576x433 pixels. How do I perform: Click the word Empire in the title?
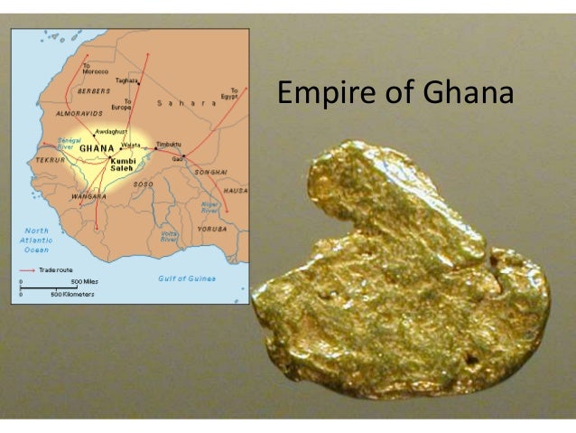pos(328,94)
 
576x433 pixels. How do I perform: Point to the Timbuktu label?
pos(169,144)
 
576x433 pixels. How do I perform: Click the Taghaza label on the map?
pos(126,80)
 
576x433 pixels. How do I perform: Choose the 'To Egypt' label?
pos(234,93)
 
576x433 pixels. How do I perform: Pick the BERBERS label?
pos(93,91)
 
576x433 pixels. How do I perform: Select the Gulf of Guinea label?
pos(187,278)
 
